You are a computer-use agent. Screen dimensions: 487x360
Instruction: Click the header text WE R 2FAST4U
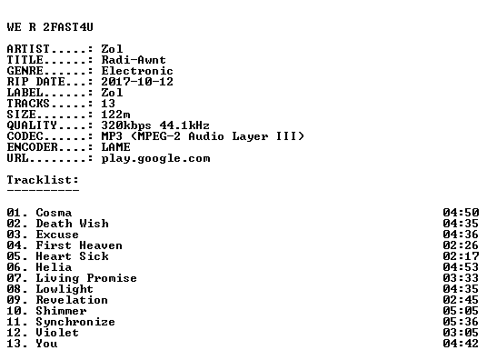pos(50,27)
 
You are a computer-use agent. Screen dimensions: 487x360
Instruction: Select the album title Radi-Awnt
pos(134,60)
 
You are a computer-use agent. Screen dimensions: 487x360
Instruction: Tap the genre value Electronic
pos(137,71)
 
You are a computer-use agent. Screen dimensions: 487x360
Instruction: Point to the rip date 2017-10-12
pos(137,82)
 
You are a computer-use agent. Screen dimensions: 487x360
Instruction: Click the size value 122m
pos(116,115)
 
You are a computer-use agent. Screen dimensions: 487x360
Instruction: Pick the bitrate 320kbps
pos(126,125)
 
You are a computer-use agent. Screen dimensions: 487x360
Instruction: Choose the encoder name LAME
pos(116,147)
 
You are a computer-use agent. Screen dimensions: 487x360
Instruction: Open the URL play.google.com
pos(156,158)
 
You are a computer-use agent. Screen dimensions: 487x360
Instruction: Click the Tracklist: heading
pos(43,180)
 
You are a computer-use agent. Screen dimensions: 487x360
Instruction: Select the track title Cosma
pos(54,213)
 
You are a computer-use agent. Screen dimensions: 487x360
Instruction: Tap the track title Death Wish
pos(73,224)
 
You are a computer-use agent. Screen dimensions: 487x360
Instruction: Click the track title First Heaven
pos(79,245)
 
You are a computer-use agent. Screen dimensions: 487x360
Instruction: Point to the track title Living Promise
pos(86,278)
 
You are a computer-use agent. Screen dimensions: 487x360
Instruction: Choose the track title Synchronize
pos(75,322)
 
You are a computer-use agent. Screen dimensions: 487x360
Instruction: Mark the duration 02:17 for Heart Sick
pos(461,256)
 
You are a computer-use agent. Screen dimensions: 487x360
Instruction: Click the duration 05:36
pos(461,322)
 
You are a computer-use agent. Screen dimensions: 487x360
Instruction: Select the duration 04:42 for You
pos(461,344)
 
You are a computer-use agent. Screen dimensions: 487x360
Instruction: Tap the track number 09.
pos(14,300)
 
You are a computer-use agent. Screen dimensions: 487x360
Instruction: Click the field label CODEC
pos(25,136)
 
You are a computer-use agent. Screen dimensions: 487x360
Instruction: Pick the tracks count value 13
pos(108,104)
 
